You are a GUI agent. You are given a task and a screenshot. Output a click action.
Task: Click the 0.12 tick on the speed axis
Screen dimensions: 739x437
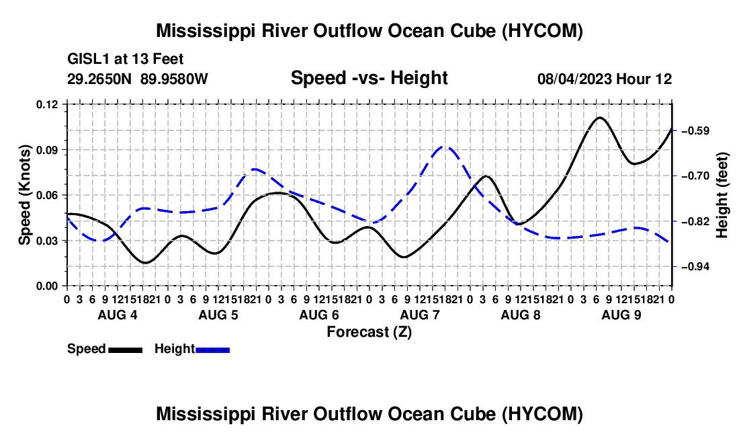(x=46, y=104)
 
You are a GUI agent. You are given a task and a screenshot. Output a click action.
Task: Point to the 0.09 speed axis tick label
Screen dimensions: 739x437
(x=46, y=150)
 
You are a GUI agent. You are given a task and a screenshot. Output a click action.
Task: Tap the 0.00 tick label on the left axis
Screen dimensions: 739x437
(x=46, y=286)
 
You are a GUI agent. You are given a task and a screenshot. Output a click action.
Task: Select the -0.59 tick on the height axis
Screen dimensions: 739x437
(x=695, y=130)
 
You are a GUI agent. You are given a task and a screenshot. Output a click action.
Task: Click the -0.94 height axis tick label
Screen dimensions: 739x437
(x=695, y=267)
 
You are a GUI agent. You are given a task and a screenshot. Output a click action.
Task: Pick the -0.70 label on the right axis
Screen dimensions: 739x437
(x=695, y=176)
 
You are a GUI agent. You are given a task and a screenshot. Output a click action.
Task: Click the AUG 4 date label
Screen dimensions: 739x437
(x=118, y=315)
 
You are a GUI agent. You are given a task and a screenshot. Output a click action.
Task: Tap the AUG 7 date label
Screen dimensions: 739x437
(x=420, y=315)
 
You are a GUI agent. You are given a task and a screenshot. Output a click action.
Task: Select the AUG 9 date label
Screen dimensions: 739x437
(x=621, y=315)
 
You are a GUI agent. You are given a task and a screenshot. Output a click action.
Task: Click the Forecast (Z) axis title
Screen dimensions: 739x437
(x=369, y=332)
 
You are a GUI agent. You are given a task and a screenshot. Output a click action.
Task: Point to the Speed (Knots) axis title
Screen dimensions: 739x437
(x=24, y=195)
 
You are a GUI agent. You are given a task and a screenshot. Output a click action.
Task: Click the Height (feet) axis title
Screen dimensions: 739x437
(x=722, y=195)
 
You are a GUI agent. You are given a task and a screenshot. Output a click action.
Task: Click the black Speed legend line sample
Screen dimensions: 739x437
(x=126, y=350)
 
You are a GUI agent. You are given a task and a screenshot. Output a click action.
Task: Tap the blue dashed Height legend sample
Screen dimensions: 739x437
(x=212, y=350)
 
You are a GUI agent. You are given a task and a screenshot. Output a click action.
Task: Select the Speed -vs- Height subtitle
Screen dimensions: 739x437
(x=369, y=78)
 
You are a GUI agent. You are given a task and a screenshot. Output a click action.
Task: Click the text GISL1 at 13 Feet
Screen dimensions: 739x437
(x=126, y=59)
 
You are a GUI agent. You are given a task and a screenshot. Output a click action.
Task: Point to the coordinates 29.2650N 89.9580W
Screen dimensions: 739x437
(x=138, y=79)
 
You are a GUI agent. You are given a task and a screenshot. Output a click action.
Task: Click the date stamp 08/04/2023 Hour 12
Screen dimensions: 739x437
(x=605, y=79)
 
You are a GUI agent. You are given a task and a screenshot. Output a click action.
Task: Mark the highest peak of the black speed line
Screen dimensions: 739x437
(x=599, y=118)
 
